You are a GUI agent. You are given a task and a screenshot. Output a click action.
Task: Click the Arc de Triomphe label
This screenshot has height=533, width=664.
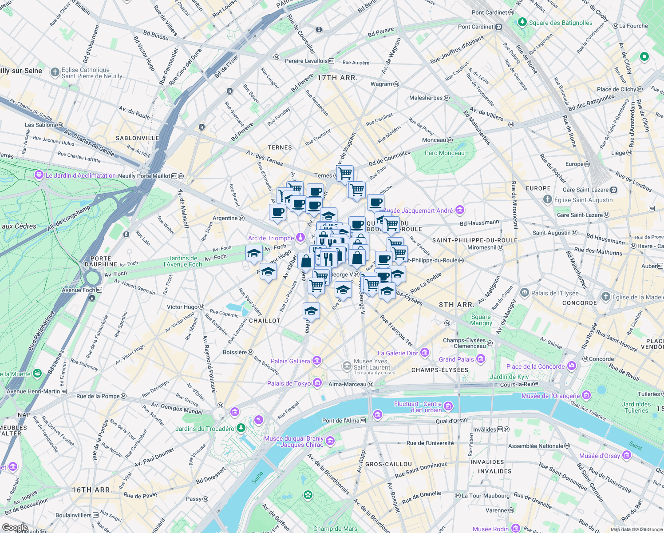coord(271,239)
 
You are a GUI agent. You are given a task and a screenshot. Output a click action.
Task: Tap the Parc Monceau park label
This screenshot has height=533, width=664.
coord(444,153)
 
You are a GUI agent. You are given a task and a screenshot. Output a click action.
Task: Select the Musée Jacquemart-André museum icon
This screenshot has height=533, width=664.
coord(460,210)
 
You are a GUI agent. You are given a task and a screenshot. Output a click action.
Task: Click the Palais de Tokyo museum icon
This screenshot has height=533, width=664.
coord(317,383)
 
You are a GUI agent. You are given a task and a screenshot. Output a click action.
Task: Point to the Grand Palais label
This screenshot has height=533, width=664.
coord(456,359)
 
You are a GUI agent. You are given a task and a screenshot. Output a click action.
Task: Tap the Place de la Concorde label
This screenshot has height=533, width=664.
coord(535,366)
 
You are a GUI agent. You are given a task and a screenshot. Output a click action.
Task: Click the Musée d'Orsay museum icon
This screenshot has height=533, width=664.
coord(626,455)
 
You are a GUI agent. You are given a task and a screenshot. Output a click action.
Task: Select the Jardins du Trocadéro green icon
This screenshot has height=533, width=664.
coord(241,428)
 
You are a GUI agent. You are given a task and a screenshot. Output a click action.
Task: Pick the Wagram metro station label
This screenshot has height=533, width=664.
coord(381,84)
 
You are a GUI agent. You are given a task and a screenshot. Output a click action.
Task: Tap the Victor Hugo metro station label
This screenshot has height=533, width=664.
coord(182,307)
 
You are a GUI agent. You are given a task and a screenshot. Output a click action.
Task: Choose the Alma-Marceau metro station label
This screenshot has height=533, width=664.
coord(347,384)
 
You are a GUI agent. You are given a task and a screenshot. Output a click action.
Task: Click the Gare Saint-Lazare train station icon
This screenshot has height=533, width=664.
coord(613,190)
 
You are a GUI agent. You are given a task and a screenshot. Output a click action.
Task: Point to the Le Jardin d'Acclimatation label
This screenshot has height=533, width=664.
coord(80,175)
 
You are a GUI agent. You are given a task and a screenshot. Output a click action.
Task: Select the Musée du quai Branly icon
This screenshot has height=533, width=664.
coord(330,441)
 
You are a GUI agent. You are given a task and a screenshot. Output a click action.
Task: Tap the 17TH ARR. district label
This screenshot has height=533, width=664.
coord(337,78)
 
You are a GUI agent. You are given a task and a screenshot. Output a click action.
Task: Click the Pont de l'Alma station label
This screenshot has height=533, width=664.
coord(341,421)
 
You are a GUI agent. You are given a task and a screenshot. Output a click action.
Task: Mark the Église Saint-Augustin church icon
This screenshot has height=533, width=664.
coord(548,199)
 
